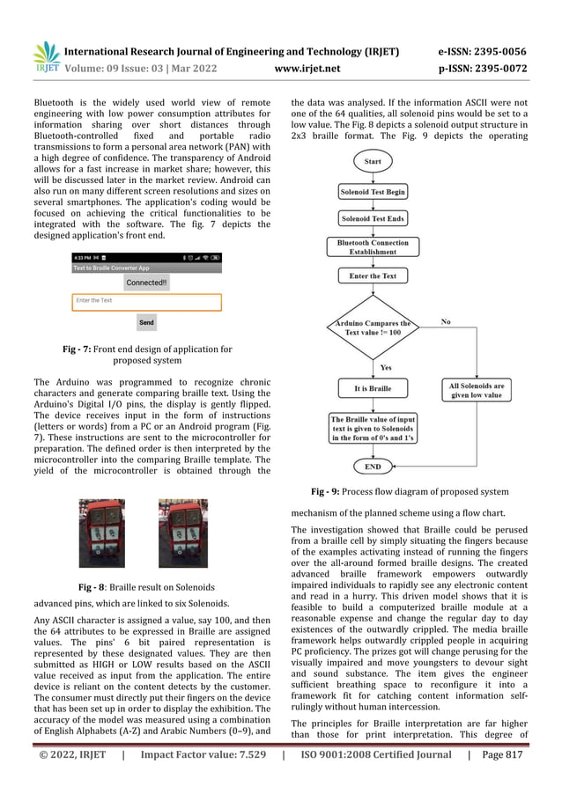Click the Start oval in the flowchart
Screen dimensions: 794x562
(x=372, y=162)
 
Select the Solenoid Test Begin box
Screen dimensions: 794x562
(x=373, y=192)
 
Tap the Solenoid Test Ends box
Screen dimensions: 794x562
(x=373, y=218)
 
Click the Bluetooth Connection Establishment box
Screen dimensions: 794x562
(x=373, y=246)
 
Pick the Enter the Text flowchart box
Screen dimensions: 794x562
(x=373, y=276)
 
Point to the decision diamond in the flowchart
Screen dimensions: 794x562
(x=373, y=328)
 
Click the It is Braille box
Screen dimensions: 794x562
(x=373, y=388)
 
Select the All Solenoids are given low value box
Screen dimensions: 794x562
(x=476, y=390)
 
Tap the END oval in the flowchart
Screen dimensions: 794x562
(x=373, y=466)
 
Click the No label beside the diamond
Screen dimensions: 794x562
(x=446, y=322)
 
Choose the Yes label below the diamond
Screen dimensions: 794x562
(x=386, y=367)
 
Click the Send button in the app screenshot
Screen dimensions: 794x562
(x=146, y=322)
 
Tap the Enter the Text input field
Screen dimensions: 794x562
(x=146, y=301)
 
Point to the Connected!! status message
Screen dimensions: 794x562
(x=146, y=283)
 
